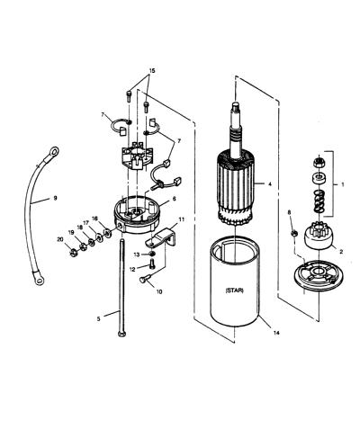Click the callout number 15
[x=152, y=71]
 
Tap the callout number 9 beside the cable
[x=55, y=198]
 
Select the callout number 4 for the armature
[x=270, y=184]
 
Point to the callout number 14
[x=276, y=333]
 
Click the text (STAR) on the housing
[x=234, y=290]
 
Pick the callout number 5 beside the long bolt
[x=99, y=319]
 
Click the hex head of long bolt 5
[x=121, y=334]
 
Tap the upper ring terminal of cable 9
[x=53, y=152]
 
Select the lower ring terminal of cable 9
[x=39, y=279]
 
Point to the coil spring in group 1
[x=319, y=201]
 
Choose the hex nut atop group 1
[x=319, y=163]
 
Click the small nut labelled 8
[x=294, y=232]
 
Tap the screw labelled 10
[x=143, y=280]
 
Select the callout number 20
[x=60, y=239]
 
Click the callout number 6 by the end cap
[x=175, y=199]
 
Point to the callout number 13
[x=137, y=255]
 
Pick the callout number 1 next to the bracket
[x=342, y=184]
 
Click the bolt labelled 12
[x=152, y=264]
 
